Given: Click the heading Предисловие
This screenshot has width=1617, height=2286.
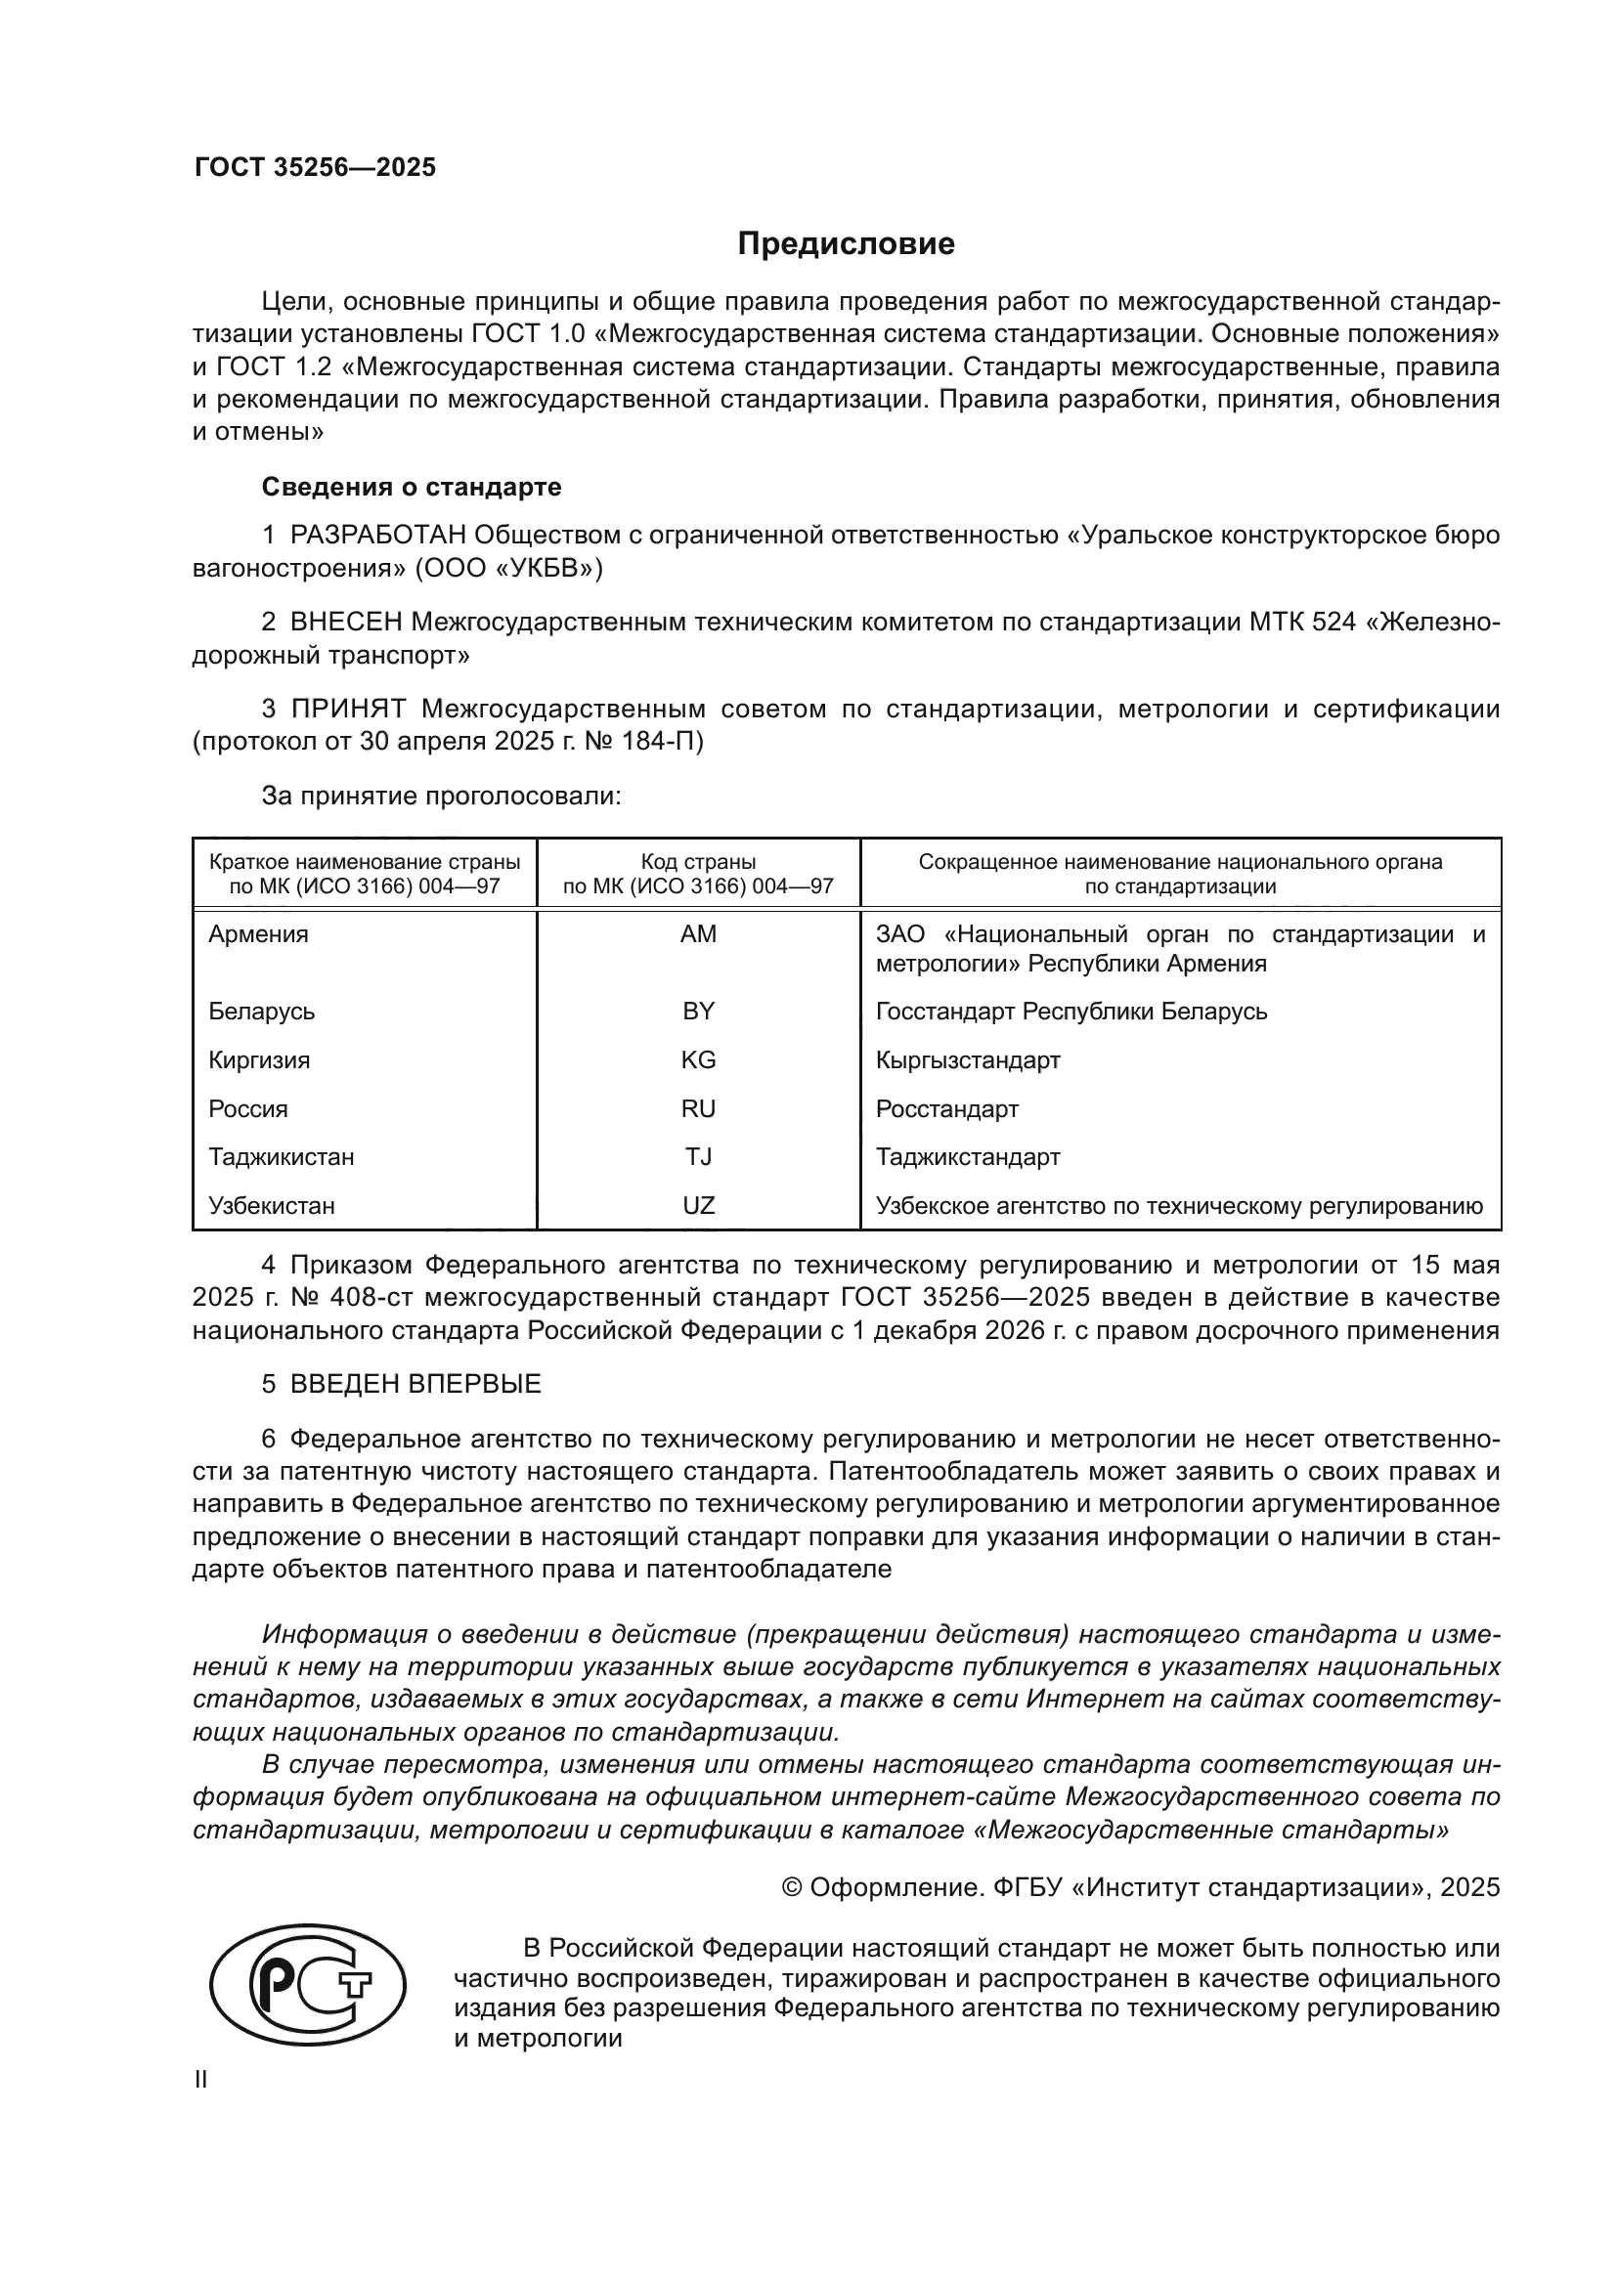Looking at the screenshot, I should [846, 244].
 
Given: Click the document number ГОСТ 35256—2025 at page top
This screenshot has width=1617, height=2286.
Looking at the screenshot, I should [315, 167].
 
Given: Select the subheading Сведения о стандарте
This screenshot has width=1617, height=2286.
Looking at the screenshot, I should [412, 487].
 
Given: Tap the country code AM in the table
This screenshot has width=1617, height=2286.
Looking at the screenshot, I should [698, 934].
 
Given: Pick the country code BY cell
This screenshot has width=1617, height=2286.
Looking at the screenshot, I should [698, 1012].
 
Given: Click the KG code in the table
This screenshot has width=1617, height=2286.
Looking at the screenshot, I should [698, 1060].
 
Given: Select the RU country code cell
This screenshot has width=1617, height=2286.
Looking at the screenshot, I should [698, 1109].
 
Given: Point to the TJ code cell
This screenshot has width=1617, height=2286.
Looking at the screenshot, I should [698, 1157].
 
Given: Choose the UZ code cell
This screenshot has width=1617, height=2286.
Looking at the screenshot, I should [698, 1206].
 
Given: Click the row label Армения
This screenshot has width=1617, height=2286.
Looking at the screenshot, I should [258, 934].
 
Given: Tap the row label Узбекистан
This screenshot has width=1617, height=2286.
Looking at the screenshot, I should [271, 1206].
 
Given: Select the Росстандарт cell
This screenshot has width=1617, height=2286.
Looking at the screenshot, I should [947, 1109].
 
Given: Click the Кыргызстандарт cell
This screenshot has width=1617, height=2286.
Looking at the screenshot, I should [968, 1060].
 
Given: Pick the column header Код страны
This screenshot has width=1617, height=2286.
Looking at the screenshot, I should [698, 862].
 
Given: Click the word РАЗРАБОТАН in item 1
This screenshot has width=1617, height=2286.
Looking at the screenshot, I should [377, 536].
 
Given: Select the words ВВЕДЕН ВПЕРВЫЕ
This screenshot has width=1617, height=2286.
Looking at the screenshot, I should [415, 1384].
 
